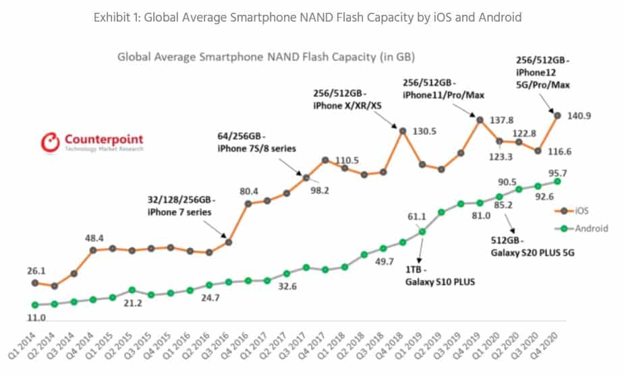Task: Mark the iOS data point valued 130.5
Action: point(402,131)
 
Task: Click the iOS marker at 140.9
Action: point(557,115)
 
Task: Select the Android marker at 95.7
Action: point(557,181)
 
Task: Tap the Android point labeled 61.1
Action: point(422,231)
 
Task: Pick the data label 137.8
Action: point(505,119)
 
